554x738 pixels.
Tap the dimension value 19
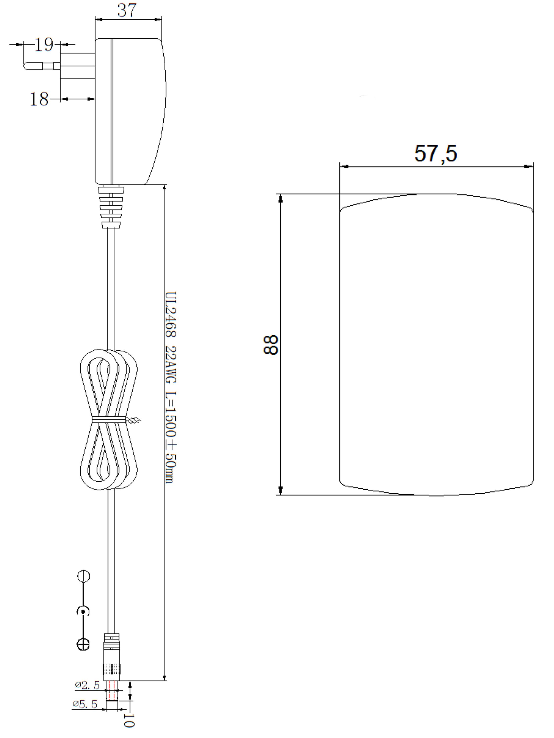pos(44,45)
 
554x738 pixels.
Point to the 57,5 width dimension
pos(435,154)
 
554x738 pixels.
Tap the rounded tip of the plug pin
pos(28,66)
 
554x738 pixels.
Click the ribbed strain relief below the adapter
pos(111,207)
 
